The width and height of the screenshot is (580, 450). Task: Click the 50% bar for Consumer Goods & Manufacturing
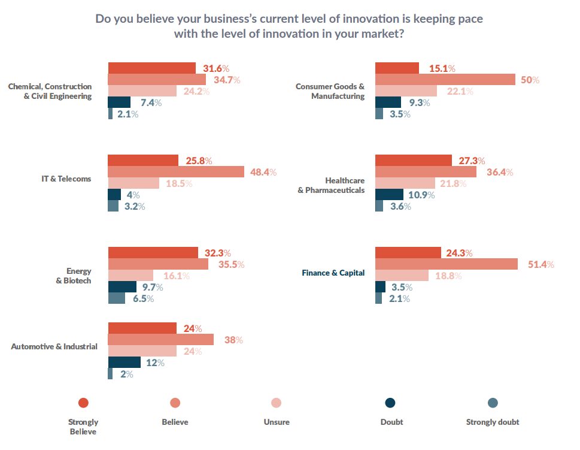(445, 80)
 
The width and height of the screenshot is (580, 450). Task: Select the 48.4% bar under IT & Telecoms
(176, 172)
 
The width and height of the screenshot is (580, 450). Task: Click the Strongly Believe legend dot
(83, 403)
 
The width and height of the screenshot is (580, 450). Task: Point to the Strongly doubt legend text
(492, 422)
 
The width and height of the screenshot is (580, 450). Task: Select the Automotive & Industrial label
(54, 346)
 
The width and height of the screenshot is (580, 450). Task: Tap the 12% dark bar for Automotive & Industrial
(124, 363)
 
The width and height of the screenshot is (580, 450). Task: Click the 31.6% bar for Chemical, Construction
(151, 68)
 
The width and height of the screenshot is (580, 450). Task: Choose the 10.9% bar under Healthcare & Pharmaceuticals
(389, 195)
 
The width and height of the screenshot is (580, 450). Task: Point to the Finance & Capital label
(334, 273)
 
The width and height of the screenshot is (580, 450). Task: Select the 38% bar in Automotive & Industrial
(160, 340)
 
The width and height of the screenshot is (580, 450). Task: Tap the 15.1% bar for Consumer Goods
(397, 68)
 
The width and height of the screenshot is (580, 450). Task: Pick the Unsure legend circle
(276, 403)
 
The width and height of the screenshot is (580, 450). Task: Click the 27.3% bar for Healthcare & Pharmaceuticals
(413, 161)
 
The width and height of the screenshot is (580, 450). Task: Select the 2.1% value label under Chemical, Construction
(127, 114)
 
